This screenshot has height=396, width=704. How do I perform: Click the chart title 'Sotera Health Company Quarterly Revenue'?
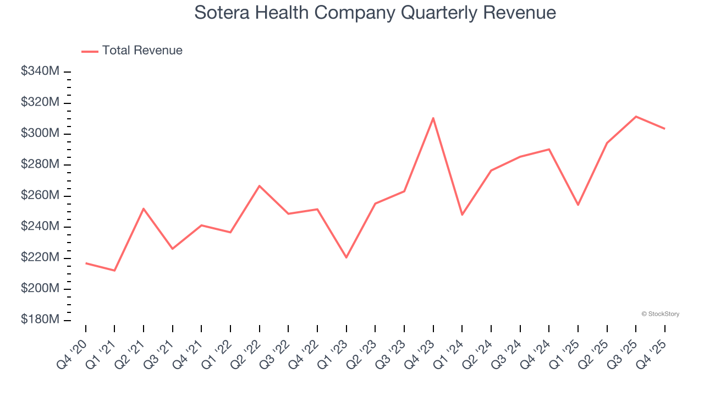click(x=375, y=13)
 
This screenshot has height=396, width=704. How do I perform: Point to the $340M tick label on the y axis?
click(x=40, y=71)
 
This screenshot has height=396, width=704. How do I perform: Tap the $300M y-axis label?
click(x=40, y=134)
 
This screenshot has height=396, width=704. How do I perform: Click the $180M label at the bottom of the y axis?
click(x=40, y=320)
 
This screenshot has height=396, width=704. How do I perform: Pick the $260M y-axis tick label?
click(x=40, y=196)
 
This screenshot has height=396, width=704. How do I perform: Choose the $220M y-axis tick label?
click(x=40, y=258)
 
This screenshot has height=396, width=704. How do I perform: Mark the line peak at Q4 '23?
click(x=433, y=118)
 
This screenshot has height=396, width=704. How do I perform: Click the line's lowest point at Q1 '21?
click(x=114, y=271)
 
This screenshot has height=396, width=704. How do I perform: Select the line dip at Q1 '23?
click(x=346, y=257)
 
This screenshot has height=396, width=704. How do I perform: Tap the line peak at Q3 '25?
click(x=636, y=117)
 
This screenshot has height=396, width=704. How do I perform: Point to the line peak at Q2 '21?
click(x=144, y=208)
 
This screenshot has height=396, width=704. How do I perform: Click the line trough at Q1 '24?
click(x=462, y=215)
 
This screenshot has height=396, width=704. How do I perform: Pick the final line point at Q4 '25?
click(x=664, y=129)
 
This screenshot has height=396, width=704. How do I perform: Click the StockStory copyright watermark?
click(x=660, y=314)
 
